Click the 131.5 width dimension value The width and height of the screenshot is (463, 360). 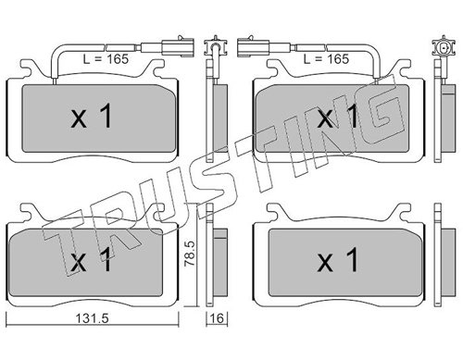(x=93, y=318)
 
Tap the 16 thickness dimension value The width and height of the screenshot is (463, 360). (x=218, y=318)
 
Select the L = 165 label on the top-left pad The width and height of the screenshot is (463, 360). (x=106, y=59)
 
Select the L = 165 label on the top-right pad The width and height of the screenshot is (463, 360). (x=327, y=59)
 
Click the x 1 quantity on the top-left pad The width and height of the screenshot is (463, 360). (x=91, y=117)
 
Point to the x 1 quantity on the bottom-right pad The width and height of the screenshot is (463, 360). (x=338, y=260)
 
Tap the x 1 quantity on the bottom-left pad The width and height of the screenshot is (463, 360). (x=91, y=260)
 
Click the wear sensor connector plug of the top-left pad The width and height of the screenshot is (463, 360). (x=179, y=47)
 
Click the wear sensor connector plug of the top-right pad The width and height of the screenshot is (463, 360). (x=253, y=47)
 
